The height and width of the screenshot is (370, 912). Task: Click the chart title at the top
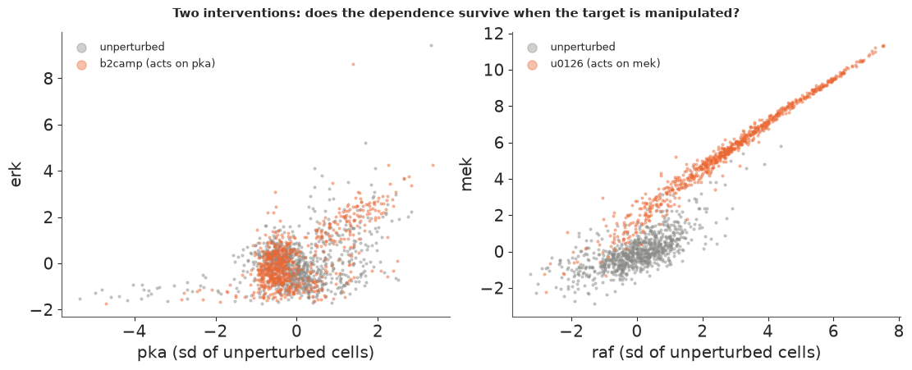click(x=456, y=12)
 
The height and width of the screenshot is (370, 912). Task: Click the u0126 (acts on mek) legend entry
click(x=593, y=64)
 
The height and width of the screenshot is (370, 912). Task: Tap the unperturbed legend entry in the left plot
click(x=119, y=47)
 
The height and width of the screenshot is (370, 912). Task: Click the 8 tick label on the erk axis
click(x=48, y=79)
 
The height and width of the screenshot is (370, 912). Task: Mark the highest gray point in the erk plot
click(x=431, y=45)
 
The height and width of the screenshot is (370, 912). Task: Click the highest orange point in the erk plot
click(x=353, y=64)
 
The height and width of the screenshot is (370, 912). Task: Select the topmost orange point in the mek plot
click(x=883, y=46)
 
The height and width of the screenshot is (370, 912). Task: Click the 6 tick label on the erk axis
click(x=48, y=125)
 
